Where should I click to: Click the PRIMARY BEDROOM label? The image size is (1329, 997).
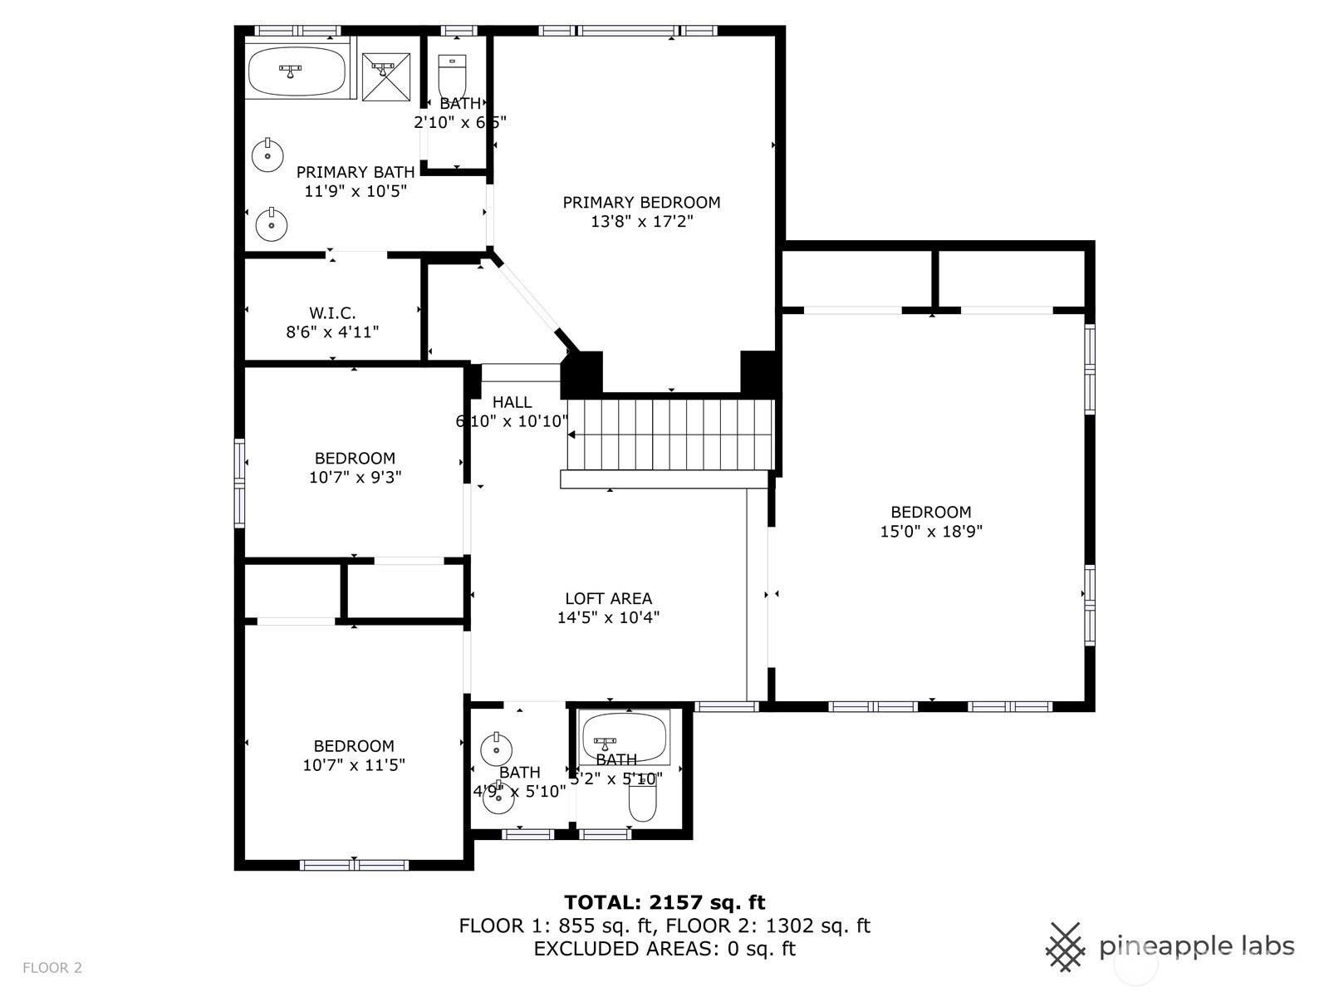point(641,202)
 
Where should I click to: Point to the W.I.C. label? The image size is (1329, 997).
point(332,313)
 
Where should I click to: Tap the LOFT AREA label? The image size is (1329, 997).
point(608,598)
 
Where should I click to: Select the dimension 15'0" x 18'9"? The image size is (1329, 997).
point(930,532)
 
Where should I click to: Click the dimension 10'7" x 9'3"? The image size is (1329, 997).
point(355,477)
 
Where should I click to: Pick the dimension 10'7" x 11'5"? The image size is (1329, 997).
point(354,765)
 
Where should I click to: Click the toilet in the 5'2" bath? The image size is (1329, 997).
point(642,799)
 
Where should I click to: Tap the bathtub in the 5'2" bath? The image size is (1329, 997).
point(625,734)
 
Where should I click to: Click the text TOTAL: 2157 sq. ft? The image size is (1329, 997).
point(664,902)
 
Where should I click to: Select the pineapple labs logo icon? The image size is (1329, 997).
point(1065,946)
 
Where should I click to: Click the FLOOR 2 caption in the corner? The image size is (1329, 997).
point(52,967)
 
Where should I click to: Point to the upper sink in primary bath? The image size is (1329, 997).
point(267,155)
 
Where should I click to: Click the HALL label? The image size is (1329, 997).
point(512,402)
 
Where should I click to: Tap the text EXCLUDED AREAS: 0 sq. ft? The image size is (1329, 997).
point(664,949)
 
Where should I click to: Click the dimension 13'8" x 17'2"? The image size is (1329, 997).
point(641,222)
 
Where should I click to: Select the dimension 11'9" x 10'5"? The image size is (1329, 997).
point(356,191)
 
